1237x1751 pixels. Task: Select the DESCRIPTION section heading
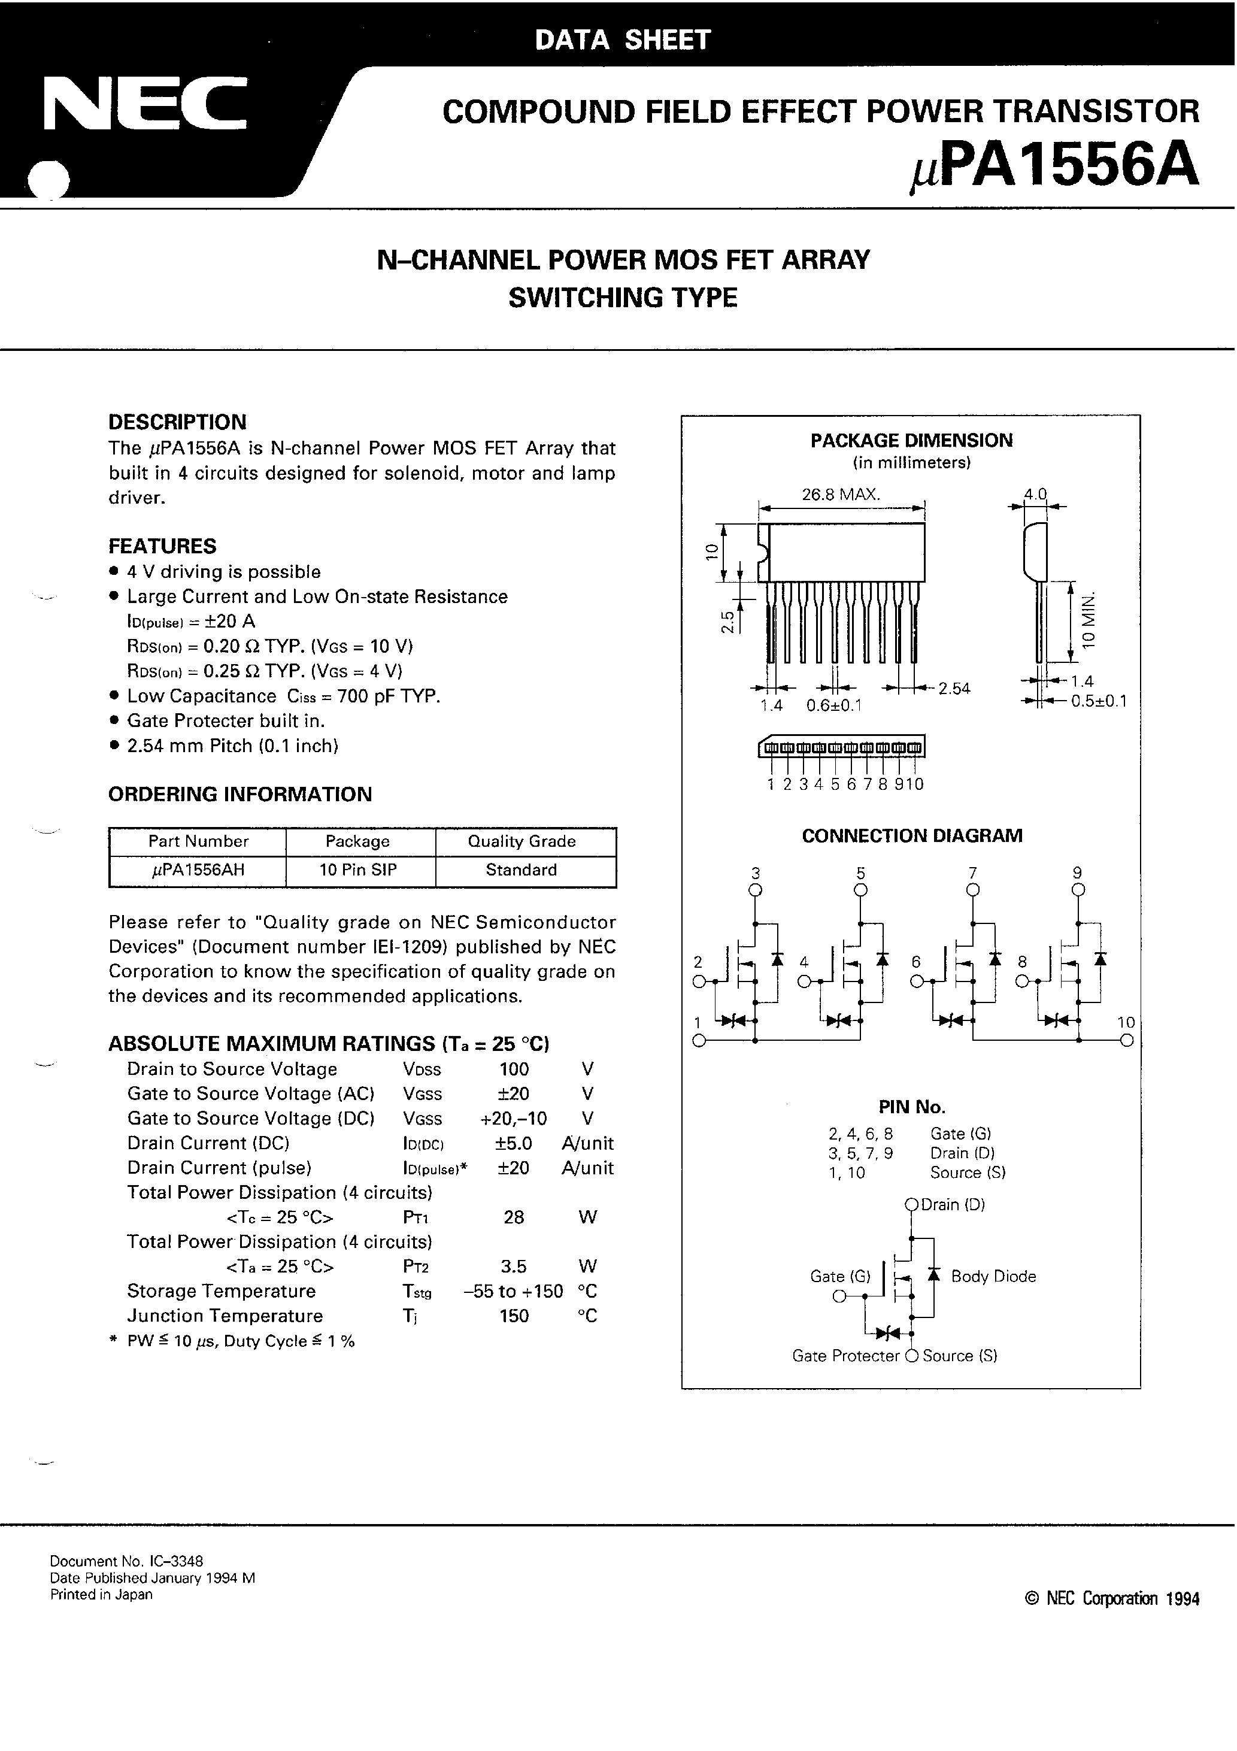point(177,423)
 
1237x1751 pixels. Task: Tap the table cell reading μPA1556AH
point(198,870)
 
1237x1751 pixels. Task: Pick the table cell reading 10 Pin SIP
point(357,870)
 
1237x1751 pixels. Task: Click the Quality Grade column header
point(522,841)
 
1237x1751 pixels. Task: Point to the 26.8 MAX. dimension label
point(841,494)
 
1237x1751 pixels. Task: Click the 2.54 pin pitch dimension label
point(954,689)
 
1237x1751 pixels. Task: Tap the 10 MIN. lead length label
point(1089,619)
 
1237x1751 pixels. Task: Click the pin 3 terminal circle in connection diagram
point(755,890)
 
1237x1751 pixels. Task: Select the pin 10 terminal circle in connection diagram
point(1127,1040)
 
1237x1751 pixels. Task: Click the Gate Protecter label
point(845,1356)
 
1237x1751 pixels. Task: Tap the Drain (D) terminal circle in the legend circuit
point(911,1205)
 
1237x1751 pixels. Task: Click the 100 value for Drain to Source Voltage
point(513,1069)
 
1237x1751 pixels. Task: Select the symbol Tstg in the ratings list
point(416,1292)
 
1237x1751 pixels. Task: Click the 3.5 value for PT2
point(513,1267)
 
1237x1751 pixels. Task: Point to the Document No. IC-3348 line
point(126,1561)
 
